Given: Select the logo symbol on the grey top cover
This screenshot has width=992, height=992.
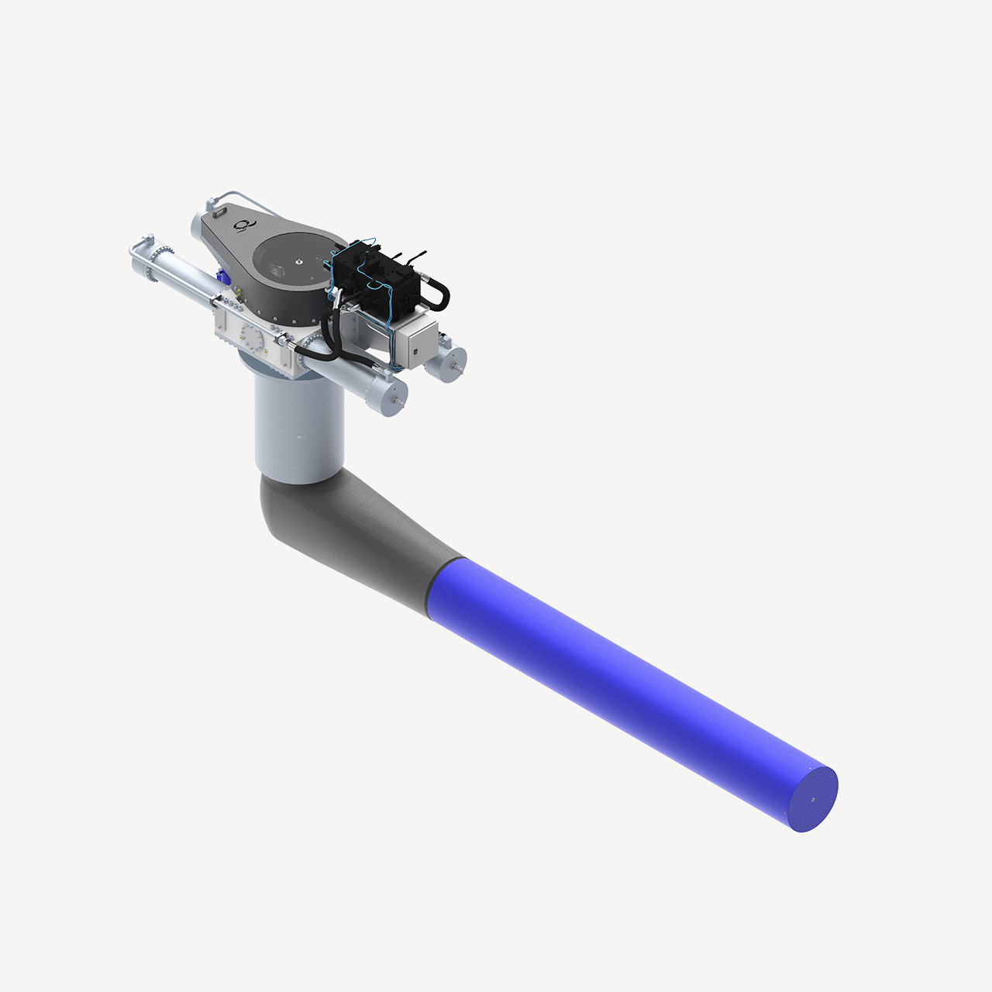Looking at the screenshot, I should [x=243, y=225].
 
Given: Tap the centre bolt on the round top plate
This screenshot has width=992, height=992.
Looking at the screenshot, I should [x=297, y=262].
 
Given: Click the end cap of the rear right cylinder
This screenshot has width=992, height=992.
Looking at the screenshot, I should [x=453, y=361].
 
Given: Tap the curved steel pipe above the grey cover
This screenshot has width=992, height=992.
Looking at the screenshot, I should [x=232, y=194].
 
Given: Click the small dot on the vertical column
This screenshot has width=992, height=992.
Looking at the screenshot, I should [x=299, y=437].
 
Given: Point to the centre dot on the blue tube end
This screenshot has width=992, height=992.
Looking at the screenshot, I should [x=813, y=801].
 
